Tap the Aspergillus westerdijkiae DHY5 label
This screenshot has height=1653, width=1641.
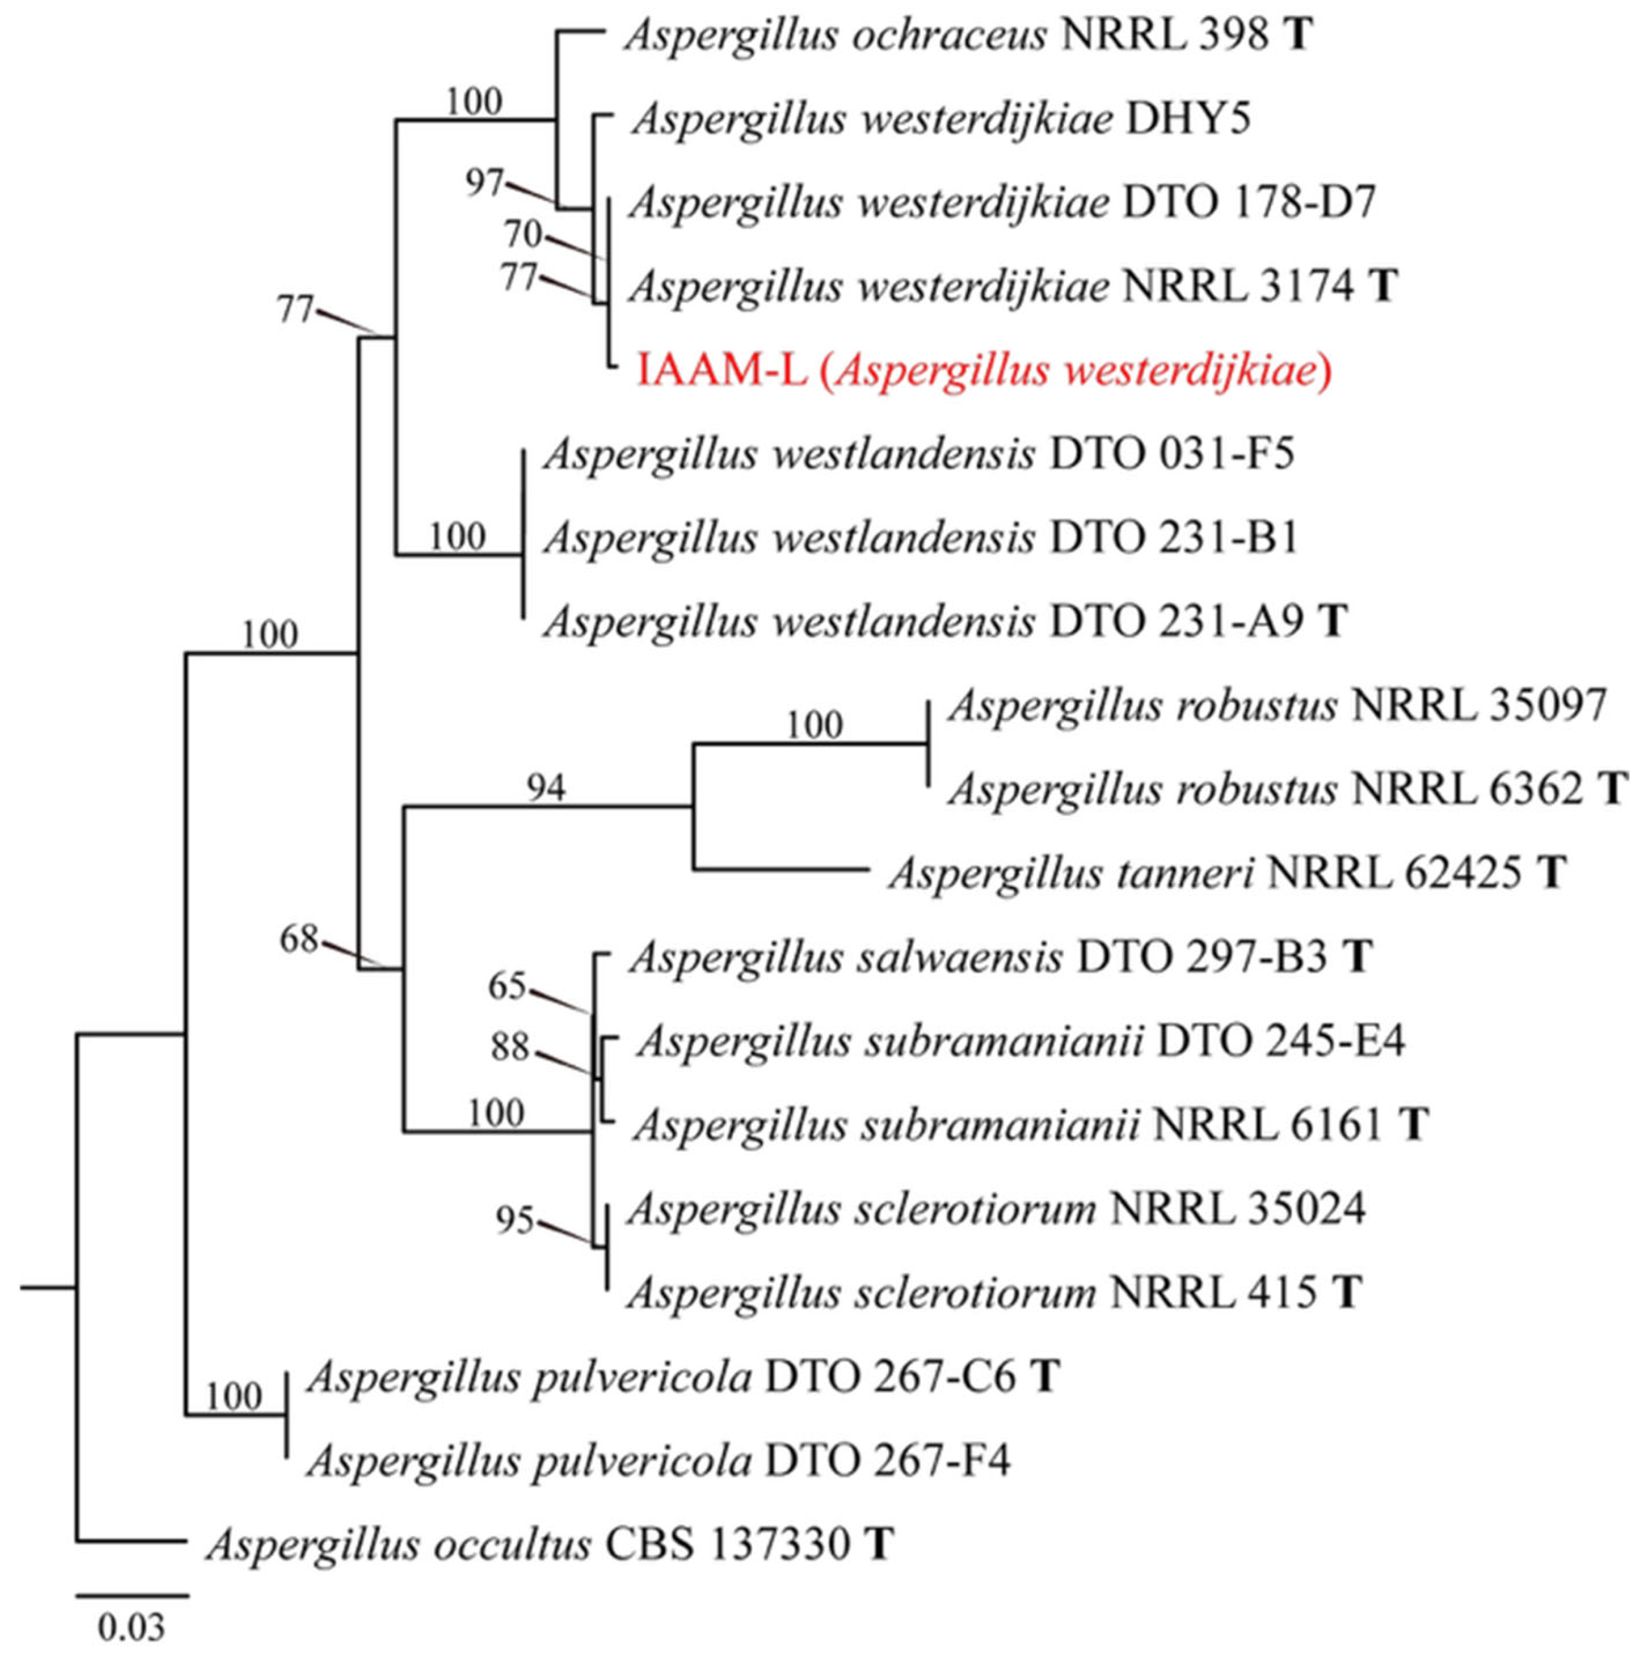coord(941,120)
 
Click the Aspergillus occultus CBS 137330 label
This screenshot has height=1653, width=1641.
coord(549,1544)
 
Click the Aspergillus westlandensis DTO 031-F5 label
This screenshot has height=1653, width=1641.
coord(919,454)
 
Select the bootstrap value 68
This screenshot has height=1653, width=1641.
coord(299,940)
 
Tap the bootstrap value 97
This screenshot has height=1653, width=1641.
coord(485,183)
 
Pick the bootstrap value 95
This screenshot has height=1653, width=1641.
coord(515,1221)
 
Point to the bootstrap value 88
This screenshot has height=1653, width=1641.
coord(510,1047)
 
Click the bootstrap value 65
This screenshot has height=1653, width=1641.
coord(506,986)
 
